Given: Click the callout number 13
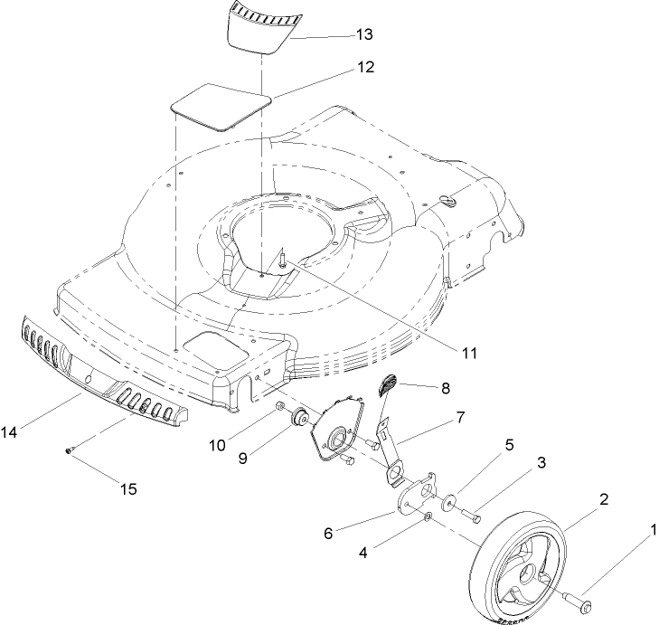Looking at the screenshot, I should click(363, 35).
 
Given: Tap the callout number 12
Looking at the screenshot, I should click(364, 68).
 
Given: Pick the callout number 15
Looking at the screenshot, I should click(128, 488).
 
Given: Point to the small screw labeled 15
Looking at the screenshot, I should click(70, 450).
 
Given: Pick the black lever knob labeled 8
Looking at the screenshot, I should click(387, 386).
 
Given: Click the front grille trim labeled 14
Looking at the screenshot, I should click(99, 375).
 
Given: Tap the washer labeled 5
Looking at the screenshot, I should click(449, 500).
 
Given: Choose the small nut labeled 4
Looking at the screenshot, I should click(428, 517).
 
